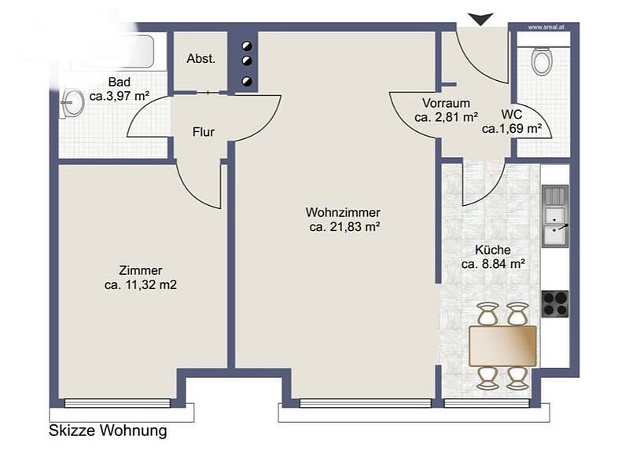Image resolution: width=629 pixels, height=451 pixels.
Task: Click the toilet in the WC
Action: click(542, 61)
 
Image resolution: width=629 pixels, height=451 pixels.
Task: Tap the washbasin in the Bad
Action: click(72, 102)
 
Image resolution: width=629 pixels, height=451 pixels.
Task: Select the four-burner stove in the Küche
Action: click(555, 303)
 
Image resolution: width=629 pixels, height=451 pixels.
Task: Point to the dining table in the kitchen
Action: click(502, 346)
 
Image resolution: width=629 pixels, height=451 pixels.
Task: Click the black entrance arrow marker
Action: click(480, 19)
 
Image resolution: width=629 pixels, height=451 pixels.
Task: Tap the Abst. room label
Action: click(201, 59)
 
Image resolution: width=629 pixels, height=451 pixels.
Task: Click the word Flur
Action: click(203, 132)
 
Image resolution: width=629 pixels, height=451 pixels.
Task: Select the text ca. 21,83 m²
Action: click(344, 227)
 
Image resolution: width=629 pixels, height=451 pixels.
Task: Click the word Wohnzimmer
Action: click(343, 212)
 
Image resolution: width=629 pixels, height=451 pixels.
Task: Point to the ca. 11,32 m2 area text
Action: click(141, 284)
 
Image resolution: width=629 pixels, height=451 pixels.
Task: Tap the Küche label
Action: click(493, 250)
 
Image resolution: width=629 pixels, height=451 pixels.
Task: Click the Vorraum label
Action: click(446, 103)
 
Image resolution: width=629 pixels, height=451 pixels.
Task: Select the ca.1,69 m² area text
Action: click(512, 129)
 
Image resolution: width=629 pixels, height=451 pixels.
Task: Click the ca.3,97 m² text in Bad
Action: click(120, 96)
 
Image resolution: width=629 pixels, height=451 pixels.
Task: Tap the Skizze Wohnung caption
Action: click(108, 431)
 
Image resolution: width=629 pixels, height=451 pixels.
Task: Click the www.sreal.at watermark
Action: click(546, 27)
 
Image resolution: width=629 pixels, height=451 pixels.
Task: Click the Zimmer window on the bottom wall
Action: click(117, 403)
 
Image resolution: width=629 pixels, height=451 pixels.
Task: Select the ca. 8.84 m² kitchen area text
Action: click(493, 264)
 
